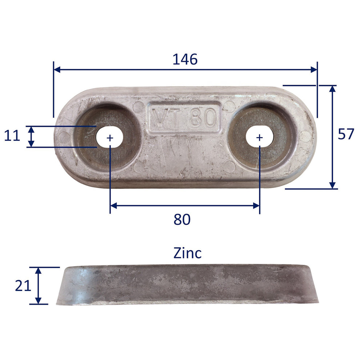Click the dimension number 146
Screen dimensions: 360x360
pyautogui.click(x=185, y=59)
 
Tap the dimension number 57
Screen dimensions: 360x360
pyautogui.click(x=345, y=134)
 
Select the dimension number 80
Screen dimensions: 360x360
pyautogui.click(x=182, y=219)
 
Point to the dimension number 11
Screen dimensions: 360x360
pyautogui.click(x=12, y=136)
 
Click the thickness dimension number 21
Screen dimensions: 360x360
pyautogui.click(x=23, y=286)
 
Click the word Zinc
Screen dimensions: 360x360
pyautogui.click(x=187, y=253)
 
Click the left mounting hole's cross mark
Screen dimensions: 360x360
pyautogui.click(x=110, y=137)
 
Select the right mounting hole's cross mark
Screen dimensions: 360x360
pyautogui.click(x=259, y=137)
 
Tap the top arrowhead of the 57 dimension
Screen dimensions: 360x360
pyautogui.click(x=332, y=89)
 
